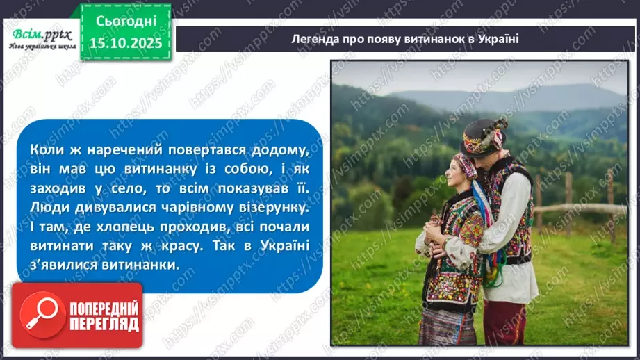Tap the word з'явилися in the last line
(x=63, y=265)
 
